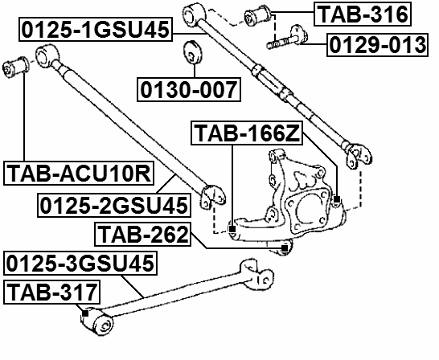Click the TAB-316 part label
363,14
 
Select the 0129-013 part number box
377,45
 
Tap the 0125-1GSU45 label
96,30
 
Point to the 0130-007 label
189,89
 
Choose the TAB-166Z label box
247,133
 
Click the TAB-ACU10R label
79,173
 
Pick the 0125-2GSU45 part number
114,206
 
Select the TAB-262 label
143,234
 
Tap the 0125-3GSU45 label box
80,263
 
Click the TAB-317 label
51,292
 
